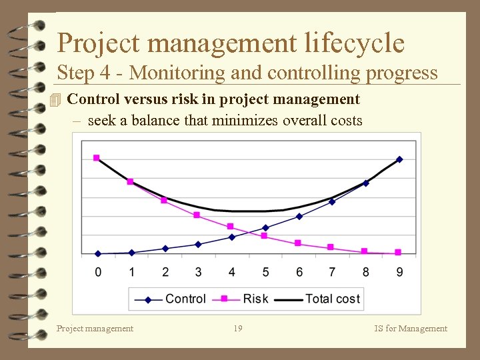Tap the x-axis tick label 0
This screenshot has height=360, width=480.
click(x=98, y=272)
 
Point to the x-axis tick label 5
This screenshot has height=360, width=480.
click(x=265, y=272)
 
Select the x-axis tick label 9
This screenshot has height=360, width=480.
click(x=399, y=272)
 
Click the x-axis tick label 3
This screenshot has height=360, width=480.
click(x=198, y=272)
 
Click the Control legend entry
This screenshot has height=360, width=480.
click(x=171, y=299)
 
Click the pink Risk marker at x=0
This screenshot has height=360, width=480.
click(x=97, y=158)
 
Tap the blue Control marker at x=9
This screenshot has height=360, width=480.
click(x=399, y=159)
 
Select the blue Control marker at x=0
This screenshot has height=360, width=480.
click(x=98, y=254)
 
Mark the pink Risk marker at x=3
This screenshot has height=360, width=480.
click(x=197, y=215)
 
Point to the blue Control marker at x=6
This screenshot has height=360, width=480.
click(x=299, y=217)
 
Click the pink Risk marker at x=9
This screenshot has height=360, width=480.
click(x=398, y=252)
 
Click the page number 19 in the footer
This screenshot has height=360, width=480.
click(x=238, y=328)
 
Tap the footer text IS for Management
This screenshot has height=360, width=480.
click(x=411, y=328)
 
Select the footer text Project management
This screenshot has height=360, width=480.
click(x=95, y=328)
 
